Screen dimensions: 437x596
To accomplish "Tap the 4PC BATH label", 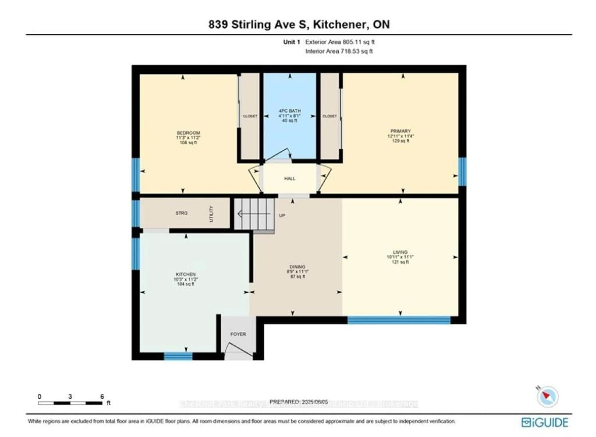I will pos(289,111).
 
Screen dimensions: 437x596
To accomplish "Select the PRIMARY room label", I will pos(400,131).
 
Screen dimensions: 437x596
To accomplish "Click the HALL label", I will pos(289,179).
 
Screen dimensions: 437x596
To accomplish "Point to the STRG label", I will pos(181,213).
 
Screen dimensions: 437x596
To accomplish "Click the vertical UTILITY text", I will pos(211,214).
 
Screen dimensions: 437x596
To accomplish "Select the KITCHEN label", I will pos(186,274).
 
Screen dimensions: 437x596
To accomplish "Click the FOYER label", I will pos(238,334).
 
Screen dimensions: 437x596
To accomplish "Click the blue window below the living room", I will pos(399,320).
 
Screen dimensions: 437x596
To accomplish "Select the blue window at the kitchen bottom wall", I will pos(178,356).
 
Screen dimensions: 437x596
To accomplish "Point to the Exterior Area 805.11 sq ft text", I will pos(340,42).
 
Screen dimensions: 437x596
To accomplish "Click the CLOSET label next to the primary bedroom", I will pos(330,116).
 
